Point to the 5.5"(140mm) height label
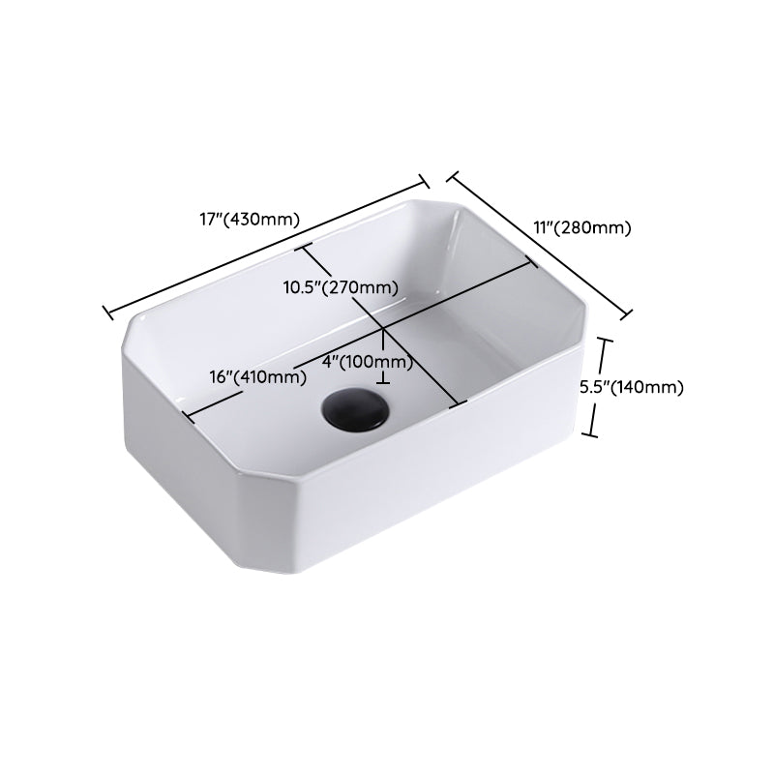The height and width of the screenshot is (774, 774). [632, 387]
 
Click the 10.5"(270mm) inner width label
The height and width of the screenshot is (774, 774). [341, 287]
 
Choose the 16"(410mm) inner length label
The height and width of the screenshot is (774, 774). [254, 376]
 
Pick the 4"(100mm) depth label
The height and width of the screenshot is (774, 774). [368, 363]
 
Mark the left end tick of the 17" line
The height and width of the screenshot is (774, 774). [106, 310]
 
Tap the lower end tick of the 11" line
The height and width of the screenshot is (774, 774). [626, 313]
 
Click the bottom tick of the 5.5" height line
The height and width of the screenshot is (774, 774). [594, 434]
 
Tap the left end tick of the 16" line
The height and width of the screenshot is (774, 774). [187, 417]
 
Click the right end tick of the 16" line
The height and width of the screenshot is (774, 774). [531, 260]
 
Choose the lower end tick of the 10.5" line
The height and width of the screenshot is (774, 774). [459, 402]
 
